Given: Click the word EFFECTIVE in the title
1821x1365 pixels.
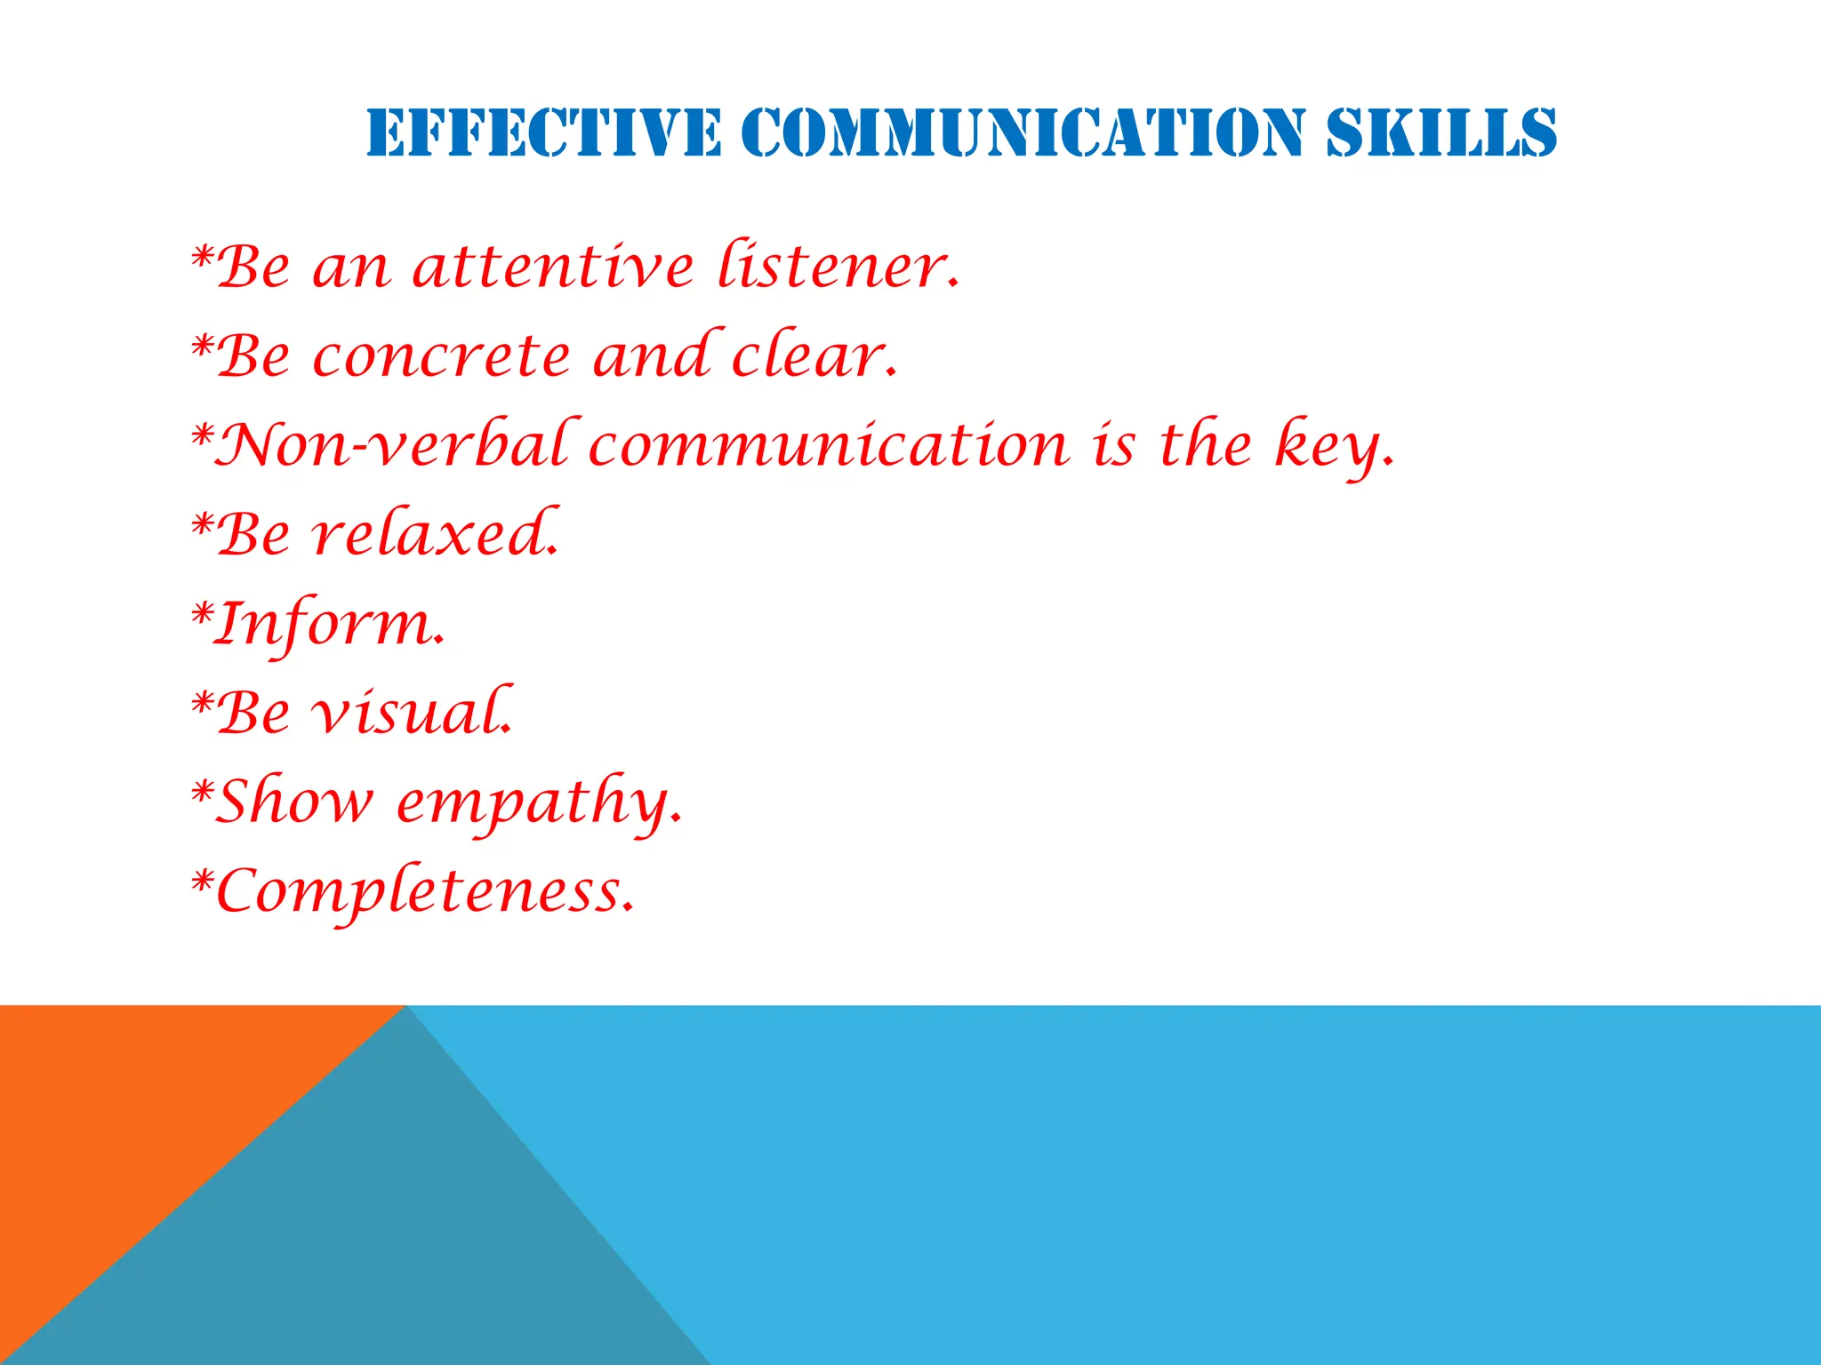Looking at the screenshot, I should click(x=543, y=133).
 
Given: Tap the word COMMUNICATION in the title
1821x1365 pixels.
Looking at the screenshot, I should click(x=1023, y=133).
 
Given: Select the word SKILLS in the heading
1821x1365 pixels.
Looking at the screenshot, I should click(x=1441, y=133).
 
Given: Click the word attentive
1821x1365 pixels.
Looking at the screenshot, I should click(x=552, y=267).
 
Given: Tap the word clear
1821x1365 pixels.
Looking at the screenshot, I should click(x=814, y=355).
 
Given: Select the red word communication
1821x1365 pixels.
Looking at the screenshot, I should click(x=828, y=444).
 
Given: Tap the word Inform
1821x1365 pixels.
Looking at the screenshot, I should click(x=330, y=624).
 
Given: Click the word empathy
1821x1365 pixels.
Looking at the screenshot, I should click(x=538, y=803).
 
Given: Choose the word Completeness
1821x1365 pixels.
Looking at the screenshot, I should click(x=424, y=892).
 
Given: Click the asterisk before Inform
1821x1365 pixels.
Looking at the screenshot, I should click(x=203, y=613).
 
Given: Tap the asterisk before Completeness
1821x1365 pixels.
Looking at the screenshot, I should click(x=203, y=881).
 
